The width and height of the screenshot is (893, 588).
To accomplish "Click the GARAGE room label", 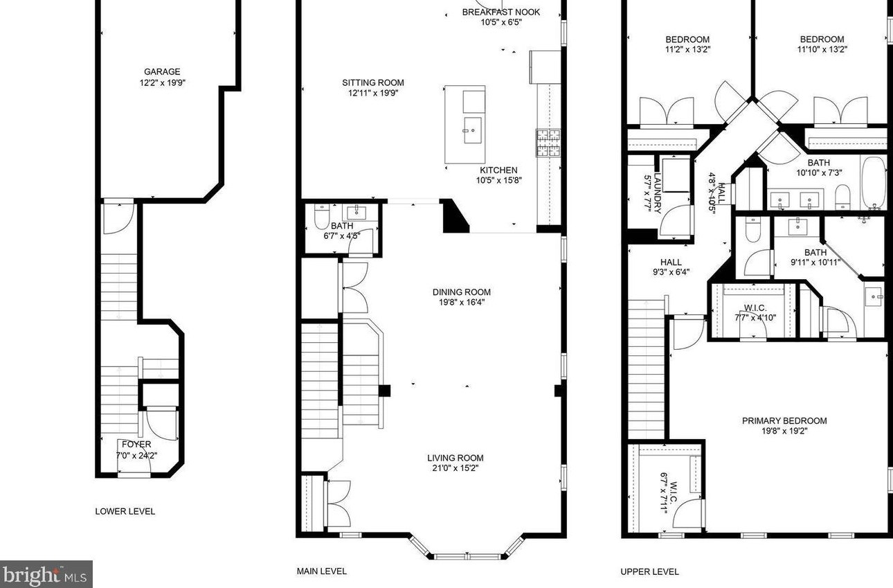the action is [x=162, y=72].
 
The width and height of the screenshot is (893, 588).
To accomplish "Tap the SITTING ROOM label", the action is [x=372, y=82].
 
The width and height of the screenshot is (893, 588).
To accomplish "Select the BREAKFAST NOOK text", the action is [x=500, y=12].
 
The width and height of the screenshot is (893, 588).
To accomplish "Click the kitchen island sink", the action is [x=472, y=130].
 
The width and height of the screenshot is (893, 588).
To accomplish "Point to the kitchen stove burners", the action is [x=548, y=143].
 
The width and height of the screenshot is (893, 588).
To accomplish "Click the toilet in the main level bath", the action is [x=321, y=217].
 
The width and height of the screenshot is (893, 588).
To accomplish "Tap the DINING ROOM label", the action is [x=461, y=292].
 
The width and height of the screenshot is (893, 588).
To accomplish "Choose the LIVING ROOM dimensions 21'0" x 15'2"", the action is [x=455, y=468].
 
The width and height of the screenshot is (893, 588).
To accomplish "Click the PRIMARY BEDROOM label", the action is [x=784, y=420].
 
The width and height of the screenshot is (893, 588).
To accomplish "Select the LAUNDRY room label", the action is [x=658, y=193].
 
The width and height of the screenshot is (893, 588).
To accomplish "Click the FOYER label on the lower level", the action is [x=136, y=444].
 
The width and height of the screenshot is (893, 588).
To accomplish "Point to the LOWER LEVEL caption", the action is [x=125, y=511].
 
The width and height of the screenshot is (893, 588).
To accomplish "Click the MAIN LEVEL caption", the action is [x=321, y=571].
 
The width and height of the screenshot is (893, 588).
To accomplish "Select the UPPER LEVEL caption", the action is [x=649, y=571].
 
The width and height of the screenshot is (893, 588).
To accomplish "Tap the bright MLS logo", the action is [x=46, y=574].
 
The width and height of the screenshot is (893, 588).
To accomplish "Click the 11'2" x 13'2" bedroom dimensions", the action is [x=687, y=49].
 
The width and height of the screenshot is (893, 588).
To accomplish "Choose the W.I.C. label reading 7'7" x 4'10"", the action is [x=755, y=313].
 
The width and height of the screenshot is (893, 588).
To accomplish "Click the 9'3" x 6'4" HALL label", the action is [x=671, y=267].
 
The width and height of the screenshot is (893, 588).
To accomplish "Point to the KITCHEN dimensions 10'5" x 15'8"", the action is [x=498, y=180].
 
